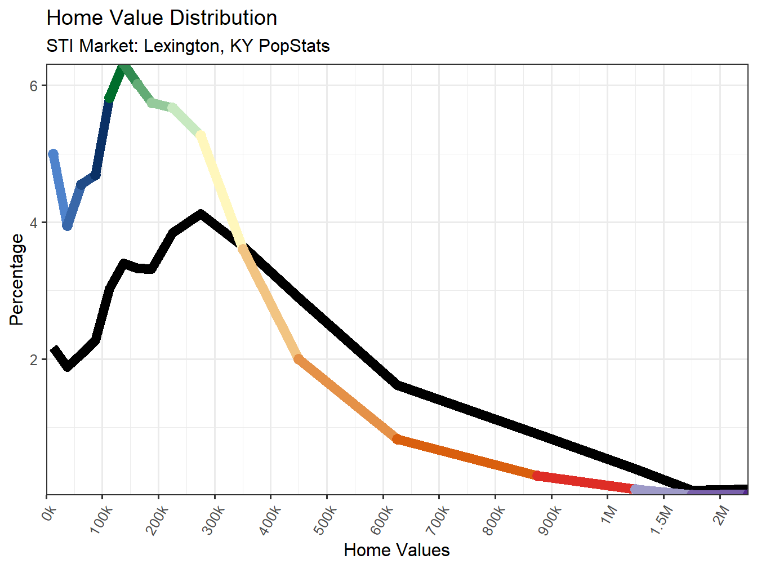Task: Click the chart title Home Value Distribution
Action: (162, 18)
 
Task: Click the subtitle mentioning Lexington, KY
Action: (188, 46)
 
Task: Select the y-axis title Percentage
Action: (17, 279)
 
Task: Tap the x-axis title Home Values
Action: (397, 550)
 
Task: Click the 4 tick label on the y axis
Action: (34, 223)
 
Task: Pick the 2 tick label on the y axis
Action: (34, 360)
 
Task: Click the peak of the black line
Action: (201, 214)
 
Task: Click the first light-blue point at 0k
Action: (54, 154)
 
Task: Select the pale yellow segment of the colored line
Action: (222, 192)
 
